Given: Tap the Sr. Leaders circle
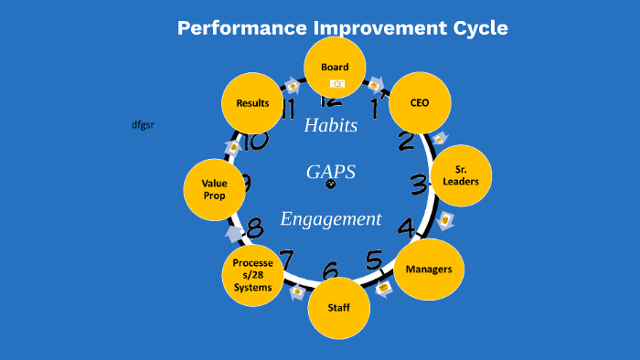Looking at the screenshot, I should pos(461,175).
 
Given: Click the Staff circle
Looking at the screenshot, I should pos(338,308).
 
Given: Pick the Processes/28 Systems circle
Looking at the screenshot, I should pos(252,275).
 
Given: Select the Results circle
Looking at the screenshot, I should pos(252,103).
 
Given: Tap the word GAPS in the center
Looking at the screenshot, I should pos(330,172).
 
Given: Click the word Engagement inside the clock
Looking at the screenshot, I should pos(330,219).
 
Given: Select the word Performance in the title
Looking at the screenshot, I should pos(242,27).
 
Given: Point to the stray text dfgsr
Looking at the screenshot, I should pos(143,124).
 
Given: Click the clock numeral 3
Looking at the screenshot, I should pos(419,185).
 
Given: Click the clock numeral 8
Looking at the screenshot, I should pos(255,226).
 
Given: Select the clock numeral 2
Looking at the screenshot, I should pos(406,141).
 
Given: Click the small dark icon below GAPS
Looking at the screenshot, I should pos(331,185).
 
